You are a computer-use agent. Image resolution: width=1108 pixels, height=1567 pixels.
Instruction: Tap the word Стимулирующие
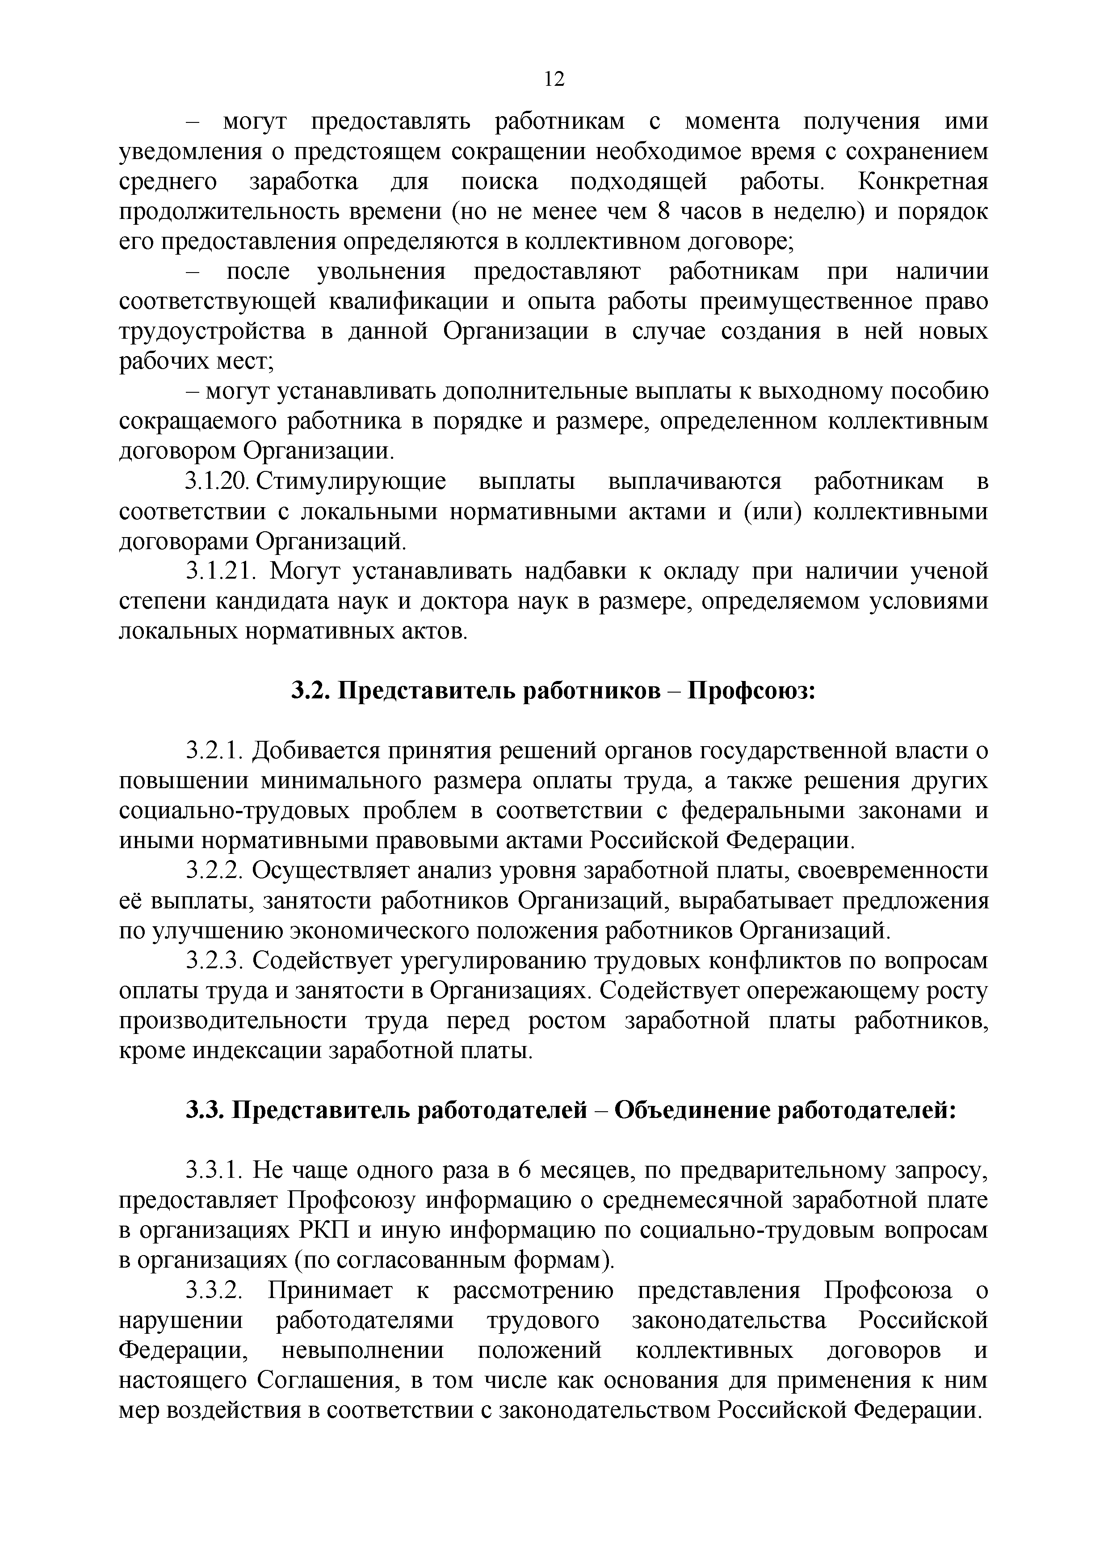pos(351,482)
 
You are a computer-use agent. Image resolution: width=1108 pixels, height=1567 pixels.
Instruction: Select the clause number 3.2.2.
pos(214,872)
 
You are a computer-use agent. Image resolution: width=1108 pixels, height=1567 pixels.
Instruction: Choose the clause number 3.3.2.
pos(214,1290)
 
